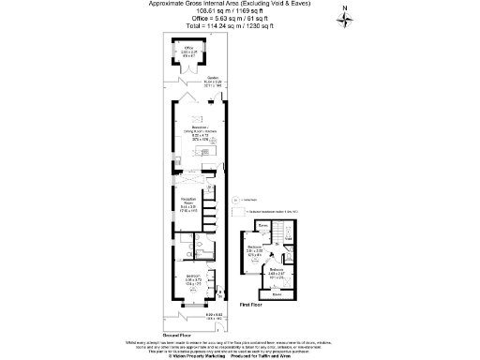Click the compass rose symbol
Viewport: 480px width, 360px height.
point(346,22)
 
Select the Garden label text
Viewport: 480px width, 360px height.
point(213,82)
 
